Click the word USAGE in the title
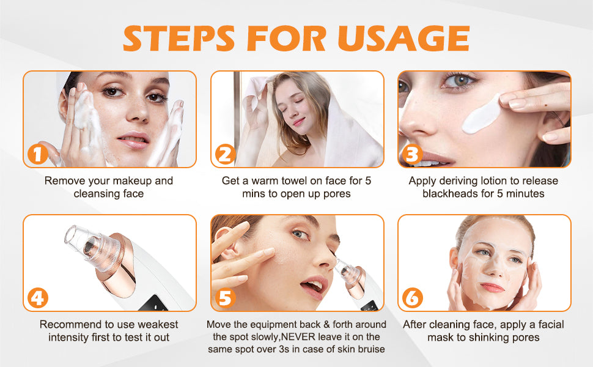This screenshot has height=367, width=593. pyautogui.click(x=403, y=38)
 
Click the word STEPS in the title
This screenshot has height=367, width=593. pyautogui.click(x=179, y=38)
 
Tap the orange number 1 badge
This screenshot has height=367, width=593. pyautogui.click(x=37, y=154)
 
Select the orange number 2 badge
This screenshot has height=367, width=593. pyautogui.click(x=225, y=154)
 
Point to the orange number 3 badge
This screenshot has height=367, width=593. pyautogui.click(x=412, y=154)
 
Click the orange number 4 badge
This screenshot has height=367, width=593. pyautogui.click(x=37, y=298)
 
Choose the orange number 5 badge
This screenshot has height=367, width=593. pyautogui.click(x=225, y=298)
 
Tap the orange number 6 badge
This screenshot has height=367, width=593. pyautogui.click(x=412, y=298)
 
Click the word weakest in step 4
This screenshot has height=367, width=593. pyautogui.click(x=158, y=325)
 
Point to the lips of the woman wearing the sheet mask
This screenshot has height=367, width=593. pyautogui.click(x=492, y=287)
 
